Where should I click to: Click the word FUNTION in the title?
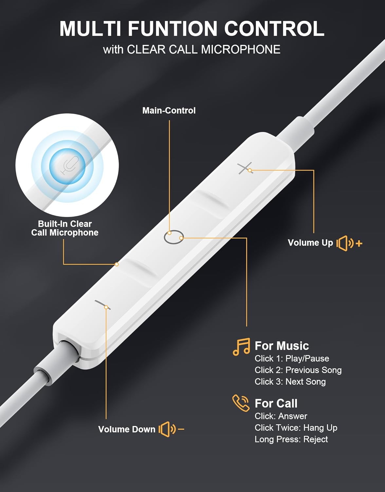tap(173, 29)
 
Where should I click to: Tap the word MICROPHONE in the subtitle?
tap(241, 49)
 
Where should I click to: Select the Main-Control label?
tap(169, 111)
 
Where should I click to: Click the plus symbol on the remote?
tap(245, 168)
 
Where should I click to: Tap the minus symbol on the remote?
tap(102, 305)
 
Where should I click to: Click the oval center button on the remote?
tap(174, 237)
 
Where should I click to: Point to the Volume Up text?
tap(310, 243)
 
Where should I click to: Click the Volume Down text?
tap(127, 429)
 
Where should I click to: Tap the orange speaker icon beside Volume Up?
tap(349, 243)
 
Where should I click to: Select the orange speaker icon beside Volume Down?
tap(171, 429)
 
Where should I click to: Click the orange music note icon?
tap(241, 347)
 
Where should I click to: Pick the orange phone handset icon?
tap(241, 403)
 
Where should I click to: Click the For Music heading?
tap(282, 346)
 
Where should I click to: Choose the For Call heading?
tap(276, 403)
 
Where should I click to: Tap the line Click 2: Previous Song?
tap(298, 370)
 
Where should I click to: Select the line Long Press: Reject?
tap(291, 439)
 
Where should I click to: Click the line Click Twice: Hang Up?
tap(296, 428)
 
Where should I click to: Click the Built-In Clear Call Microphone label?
tap(65, 228)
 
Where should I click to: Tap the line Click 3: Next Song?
tap(290, 381)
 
